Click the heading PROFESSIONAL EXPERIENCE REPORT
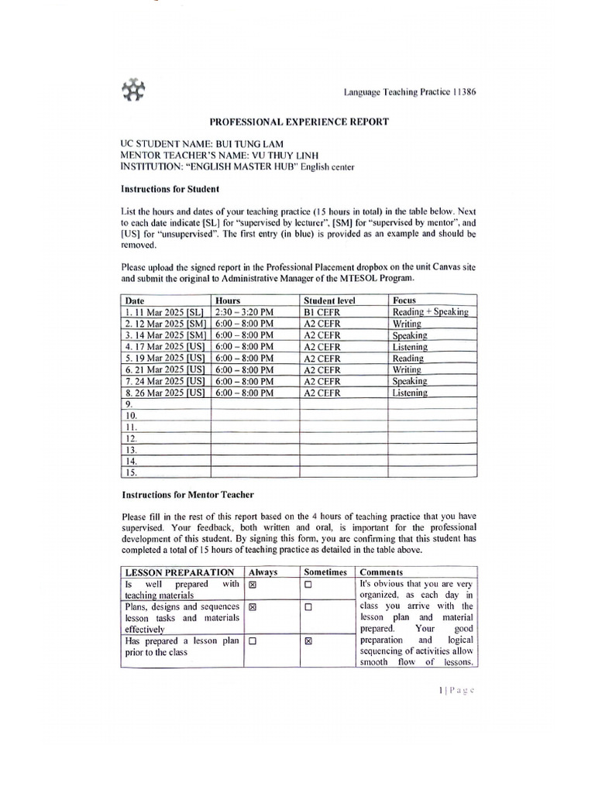point(297,122)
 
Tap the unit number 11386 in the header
point(463,91)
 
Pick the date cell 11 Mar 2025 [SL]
point(163,312)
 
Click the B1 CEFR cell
point(322,312)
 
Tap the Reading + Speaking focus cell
point(431,312)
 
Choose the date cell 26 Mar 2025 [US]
point(163,393)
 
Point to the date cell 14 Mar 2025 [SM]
point(163,335)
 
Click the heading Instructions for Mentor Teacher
point(187,494)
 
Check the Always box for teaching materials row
point(253,585)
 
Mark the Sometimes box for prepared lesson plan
point(308,641)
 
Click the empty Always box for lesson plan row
point(253,641)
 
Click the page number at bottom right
point(456,691)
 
